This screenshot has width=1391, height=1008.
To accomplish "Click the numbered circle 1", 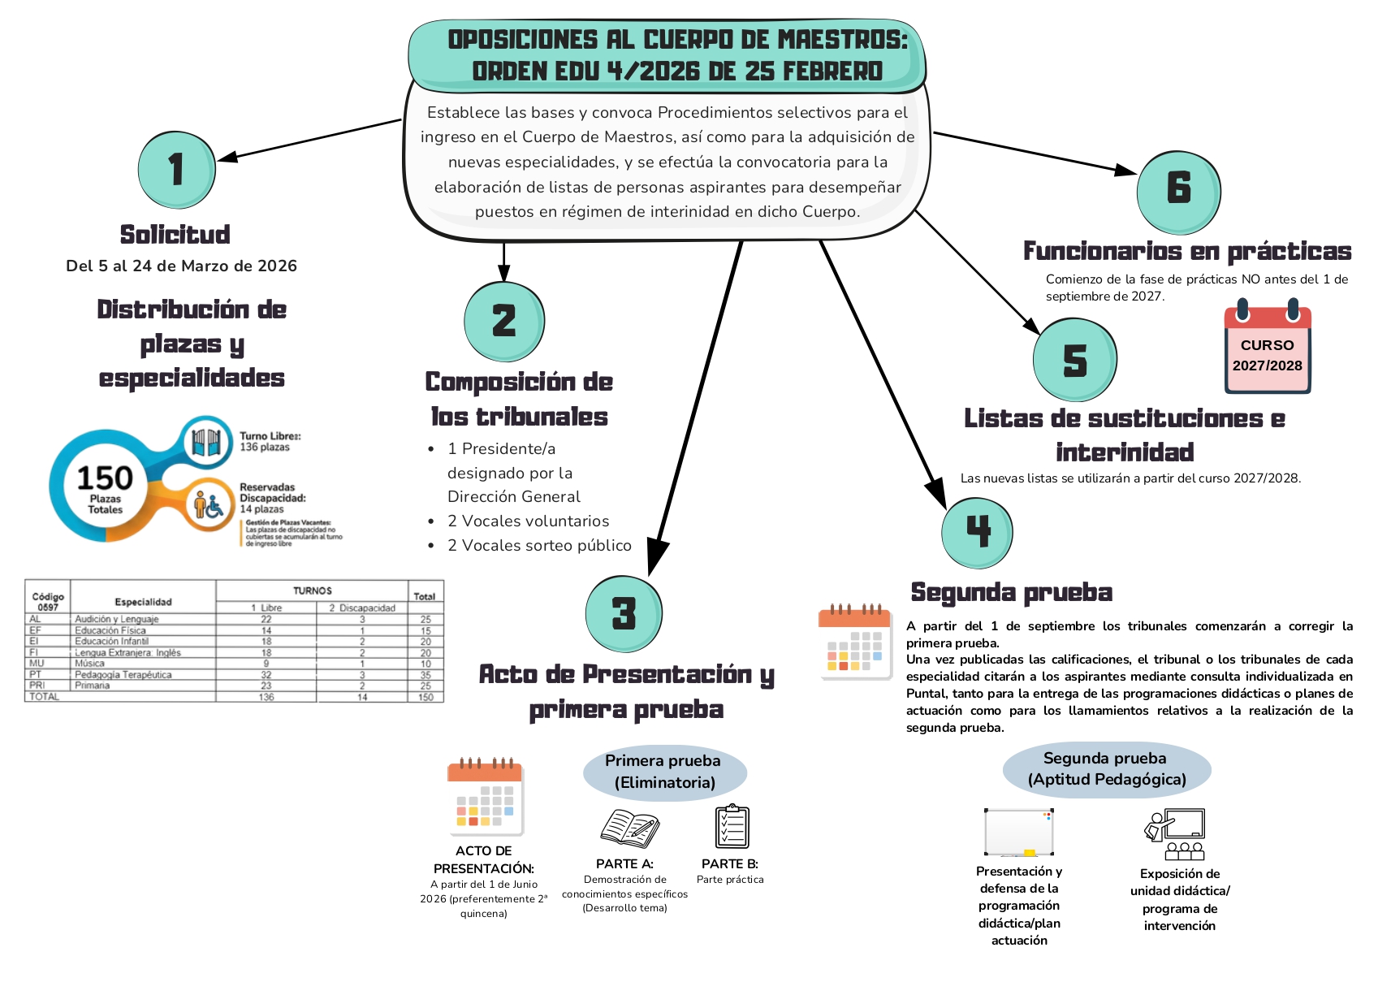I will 176,171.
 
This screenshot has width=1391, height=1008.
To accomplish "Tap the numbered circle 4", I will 977,532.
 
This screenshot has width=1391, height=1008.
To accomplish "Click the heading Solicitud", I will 175,235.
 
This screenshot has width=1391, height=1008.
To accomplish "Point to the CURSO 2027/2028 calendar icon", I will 1267,348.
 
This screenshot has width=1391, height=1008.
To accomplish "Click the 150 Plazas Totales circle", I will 105,486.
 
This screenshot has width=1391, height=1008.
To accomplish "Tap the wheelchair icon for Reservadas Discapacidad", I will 209,505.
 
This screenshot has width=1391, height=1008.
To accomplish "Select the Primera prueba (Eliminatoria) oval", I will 663,772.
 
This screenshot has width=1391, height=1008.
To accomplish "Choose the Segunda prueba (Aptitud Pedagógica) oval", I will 1106,769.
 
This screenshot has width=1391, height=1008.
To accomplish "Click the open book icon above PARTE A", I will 629,828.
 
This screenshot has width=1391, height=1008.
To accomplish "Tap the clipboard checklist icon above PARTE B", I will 732,827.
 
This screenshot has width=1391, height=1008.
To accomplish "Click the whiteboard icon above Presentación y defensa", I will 1018,833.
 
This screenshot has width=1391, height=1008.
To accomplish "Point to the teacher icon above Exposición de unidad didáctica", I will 1175,834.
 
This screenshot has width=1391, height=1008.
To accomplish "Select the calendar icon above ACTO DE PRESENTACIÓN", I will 485,798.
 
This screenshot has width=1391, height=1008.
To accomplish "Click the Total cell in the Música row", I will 426,664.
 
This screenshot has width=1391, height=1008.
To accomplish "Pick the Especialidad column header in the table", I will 143,602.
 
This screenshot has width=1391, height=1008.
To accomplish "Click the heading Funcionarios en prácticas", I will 1186,252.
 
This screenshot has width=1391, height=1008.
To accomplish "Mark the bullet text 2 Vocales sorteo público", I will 538,546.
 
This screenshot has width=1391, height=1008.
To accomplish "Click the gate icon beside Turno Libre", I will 206,443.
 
